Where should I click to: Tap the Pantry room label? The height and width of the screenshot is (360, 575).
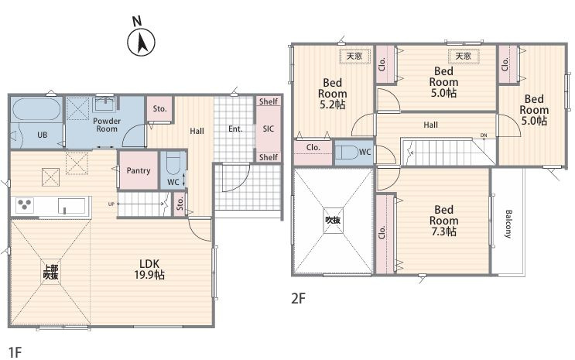pos(139,170)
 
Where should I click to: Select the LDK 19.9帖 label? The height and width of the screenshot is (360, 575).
pos(149,269)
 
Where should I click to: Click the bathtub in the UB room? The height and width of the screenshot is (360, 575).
pos(36,110)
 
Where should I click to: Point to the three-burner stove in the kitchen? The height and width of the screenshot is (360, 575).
pos(25,204)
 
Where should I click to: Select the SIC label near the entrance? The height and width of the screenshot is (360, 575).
pos(268,129)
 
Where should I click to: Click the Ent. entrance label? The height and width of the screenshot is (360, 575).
pos(235,129)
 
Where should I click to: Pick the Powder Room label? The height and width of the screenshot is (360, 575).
pos(107,125)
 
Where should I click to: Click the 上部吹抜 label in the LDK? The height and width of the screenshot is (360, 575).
pos(50,273)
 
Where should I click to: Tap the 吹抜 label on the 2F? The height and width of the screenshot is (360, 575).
pos(333,220)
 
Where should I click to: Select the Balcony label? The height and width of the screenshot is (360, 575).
pos(508,224)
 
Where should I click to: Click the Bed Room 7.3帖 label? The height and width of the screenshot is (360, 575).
pos(443,221)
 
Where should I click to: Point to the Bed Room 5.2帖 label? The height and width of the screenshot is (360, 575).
pos(332,94)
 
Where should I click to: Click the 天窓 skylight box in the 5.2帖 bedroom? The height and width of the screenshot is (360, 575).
pos(354,57)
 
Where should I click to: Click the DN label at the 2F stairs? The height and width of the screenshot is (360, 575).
pos(484,135)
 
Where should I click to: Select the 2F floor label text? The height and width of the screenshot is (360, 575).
pos(298,298)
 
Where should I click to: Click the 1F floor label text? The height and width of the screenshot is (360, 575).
pos(15,353)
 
